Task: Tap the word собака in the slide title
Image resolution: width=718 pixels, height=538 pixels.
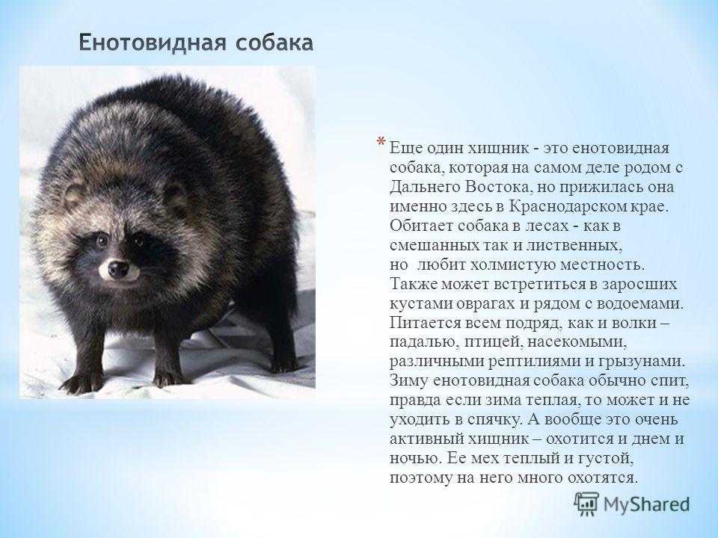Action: (x=274, y=43)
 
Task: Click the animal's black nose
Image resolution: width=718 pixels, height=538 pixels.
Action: (x=118, y=269)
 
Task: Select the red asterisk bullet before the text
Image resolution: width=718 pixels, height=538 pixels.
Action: (x=381, y=142)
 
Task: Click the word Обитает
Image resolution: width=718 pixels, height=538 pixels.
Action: (x=421, y=226)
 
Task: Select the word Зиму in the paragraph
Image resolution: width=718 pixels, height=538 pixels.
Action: (x=408, y=381)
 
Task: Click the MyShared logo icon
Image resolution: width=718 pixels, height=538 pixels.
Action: (x=586, y=504)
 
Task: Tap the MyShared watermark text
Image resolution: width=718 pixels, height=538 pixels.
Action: (x=646, y=504)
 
